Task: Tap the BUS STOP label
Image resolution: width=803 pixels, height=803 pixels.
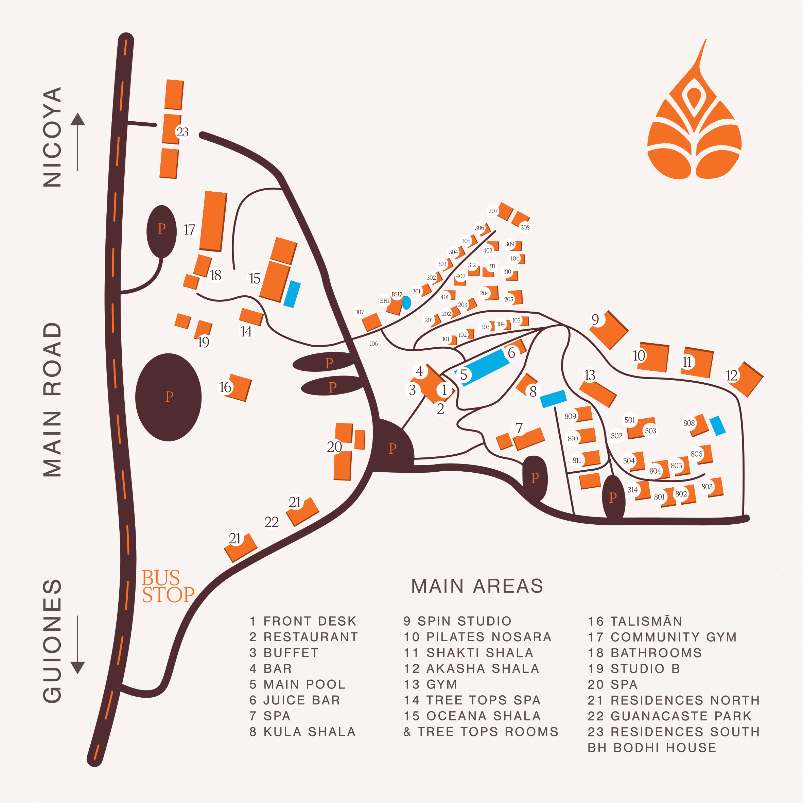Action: point(168,586)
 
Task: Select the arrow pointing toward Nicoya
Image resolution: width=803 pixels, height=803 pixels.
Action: point(78,142)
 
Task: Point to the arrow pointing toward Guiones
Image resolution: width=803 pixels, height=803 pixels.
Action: point(78,645)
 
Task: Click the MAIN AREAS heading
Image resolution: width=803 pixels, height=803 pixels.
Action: point(477,586)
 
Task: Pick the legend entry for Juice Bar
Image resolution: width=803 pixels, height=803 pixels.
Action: point(295,700)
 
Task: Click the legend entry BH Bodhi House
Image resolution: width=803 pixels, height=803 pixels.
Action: point(652,748)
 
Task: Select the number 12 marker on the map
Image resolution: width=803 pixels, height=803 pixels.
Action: point(732,375)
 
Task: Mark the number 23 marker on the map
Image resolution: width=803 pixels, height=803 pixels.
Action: point(182,132)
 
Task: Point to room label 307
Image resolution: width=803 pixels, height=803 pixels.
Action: point(493,211)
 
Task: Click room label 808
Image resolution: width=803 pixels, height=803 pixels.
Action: point(689,423)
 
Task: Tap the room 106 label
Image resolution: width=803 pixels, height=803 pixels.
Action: point(374,343)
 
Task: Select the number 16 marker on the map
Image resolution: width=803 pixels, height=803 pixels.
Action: point(225,387)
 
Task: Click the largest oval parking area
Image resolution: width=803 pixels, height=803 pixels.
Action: point(168,397)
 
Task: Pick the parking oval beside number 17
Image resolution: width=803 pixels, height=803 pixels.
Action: point(162,231)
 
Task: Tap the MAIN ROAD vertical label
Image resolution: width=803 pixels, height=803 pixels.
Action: point(52,399)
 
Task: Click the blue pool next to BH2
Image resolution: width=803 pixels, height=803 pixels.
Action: point(406,302)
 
